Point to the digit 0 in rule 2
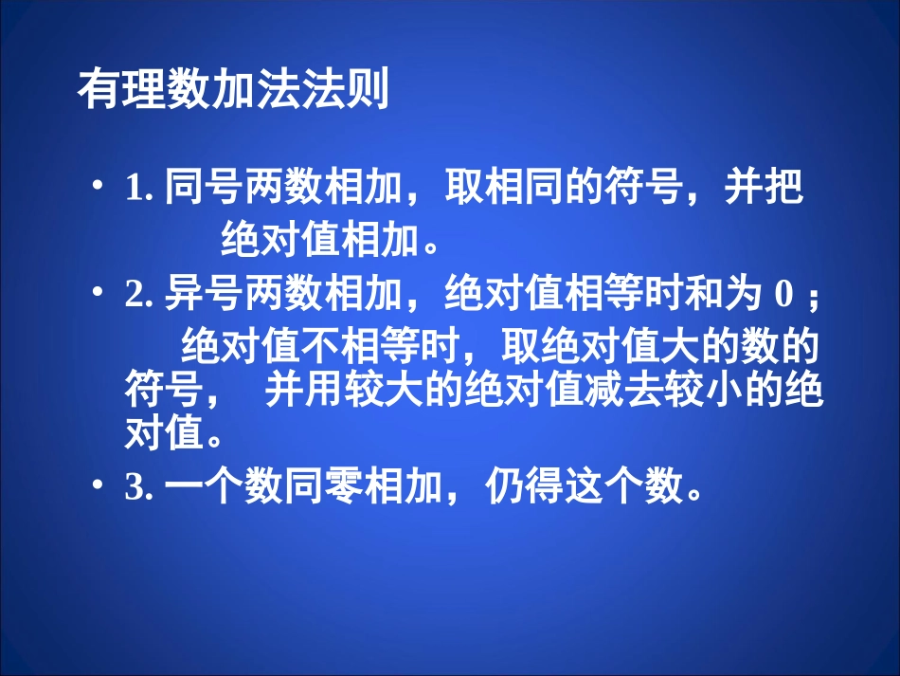783,297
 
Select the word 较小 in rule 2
707,392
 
